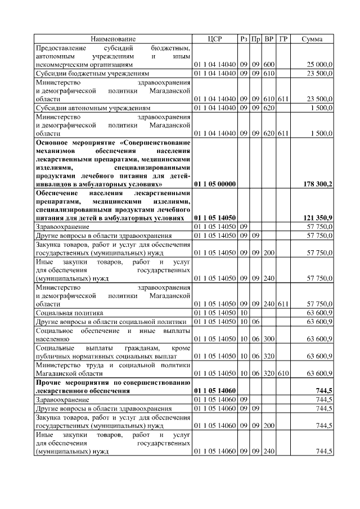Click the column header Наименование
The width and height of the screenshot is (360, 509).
point(113,39)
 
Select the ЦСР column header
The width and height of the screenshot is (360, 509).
point(215,39)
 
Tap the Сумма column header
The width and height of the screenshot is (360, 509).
point(312,39)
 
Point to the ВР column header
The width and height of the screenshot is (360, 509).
point(269,39)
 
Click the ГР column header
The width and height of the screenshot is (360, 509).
point(283,39)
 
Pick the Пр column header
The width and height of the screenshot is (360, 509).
point(256,39)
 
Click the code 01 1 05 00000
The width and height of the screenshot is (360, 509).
point(215,183)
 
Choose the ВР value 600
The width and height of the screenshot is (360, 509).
point(269,65)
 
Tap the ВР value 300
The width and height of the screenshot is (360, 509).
point(269,339)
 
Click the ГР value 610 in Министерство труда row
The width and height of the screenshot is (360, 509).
point(283,372)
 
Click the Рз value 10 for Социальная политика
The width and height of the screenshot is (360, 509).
point(244,312)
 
